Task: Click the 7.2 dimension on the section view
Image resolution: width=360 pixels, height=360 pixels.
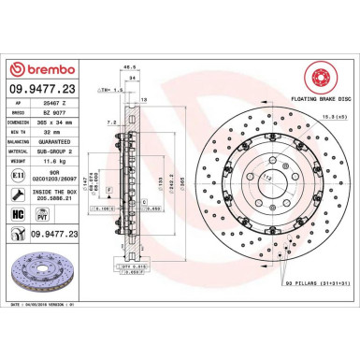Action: (x=110, y=122)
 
